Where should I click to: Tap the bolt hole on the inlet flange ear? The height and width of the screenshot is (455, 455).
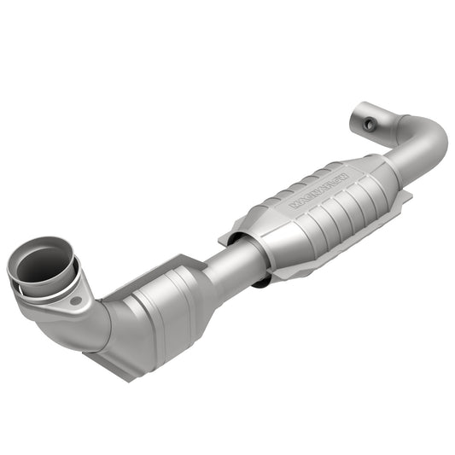click(x=75, y=300)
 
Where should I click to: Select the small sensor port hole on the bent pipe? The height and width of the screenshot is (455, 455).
click(x=369, y=125)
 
